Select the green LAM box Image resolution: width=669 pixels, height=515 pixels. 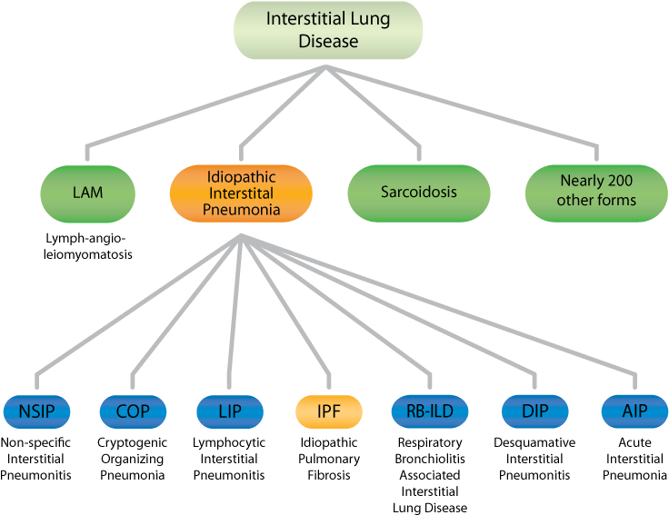click(87, 193)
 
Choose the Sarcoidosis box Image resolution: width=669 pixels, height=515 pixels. click(419, 193)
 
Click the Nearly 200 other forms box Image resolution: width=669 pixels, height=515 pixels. click(597, 193)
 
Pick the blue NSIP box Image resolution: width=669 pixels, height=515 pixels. click(36, 411)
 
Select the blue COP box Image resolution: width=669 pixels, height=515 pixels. click(133, 411)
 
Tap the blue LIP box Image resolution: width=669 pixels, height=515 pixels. click(229, 411)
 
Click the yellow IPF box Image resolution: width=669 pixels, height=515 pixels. click(328, 411)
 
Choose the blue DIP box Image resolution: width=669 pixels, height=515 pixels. click(534, 411)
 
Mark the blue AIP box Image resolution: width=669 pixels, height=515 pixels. click(634, 411)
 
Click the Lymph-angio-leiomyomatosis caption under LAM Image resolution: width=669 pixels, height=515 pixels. click(87, 246)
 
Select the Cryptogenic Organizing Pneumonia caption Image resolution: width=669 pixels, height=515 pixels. click(133, 458)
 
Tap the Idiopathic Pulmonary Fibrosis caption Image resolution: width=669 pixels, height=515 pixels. click(329, 458)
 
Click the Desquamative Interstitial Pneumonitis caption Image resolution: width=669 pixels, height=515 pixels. click(534, 458)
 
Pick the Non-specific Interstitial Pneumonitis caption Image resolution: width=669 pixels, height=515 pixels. click(36, 458)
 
